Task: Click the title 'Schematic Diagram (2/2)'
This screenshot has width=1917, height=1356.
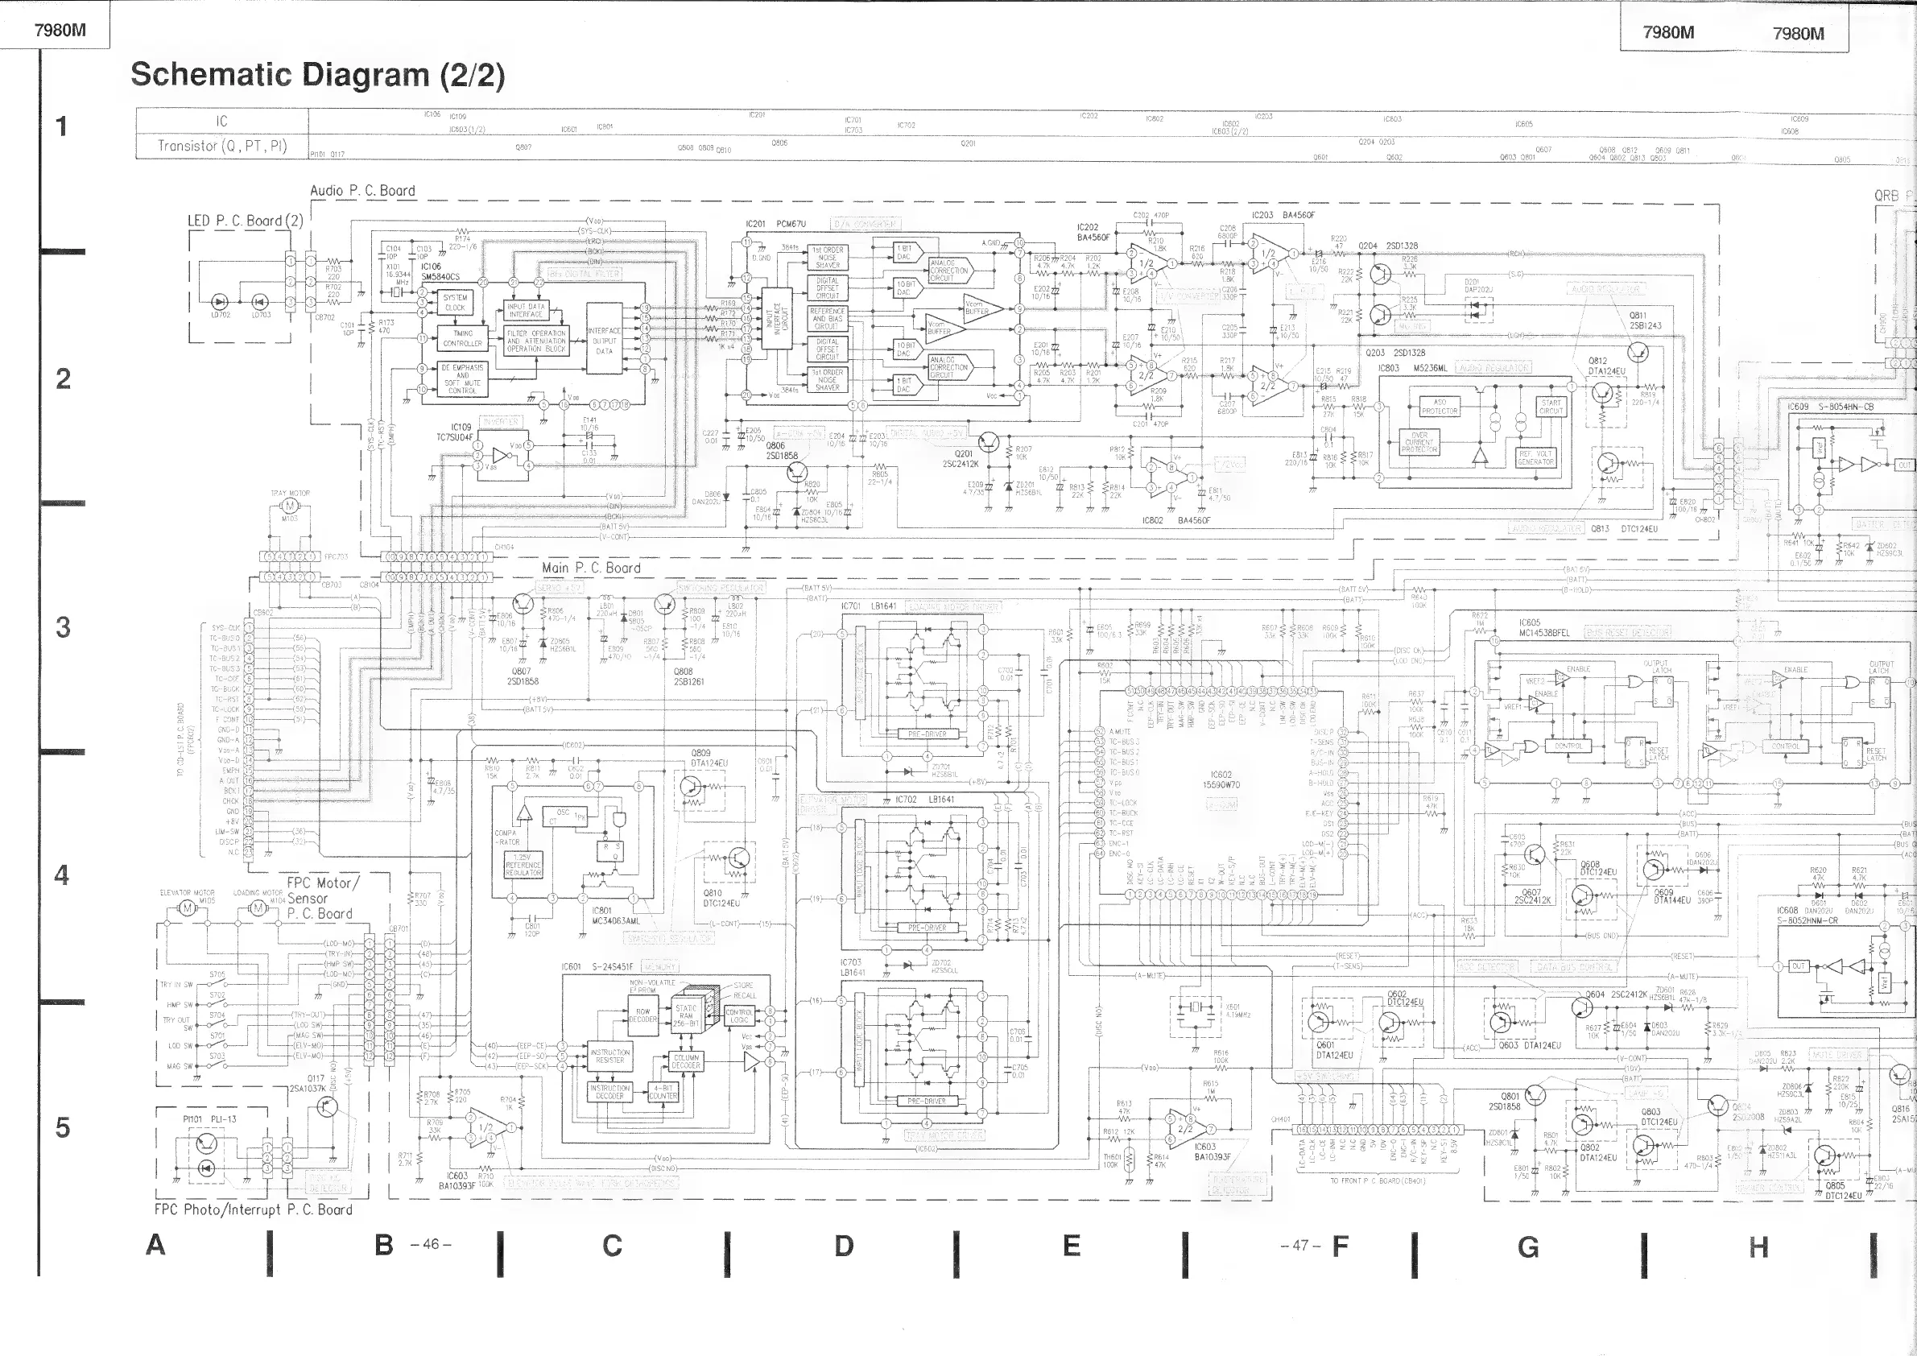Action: [317, 75]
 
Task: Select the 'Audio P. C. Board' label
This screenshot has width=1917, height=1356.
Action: [362, 190]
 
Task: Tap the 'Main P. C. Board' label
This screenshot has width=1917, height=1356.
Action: [591, 568]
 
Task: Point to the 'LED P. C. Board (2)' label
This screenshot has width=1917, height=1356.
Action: [245, 221]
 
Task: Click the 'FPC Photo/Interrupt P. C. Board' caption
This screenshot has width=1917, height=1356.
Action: [253, 1209]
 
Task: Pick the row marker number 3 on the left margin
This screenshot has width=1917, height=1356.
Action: [63, 627]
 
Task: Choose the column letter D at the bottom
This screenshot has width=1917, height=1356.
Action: [844, 1246]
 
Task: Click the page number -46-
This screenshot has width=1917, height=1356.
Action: [431, 1244]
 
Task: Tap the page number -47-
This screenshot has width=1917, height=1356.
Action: [1300, 1245]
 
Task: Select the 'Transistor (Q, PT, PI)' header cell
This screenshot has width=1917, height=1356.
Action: [222, 146]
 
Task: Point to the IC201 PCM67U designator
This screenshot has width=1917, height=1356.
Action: [775, 224]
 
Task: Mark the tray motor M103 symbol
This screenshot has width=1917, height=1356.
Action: [290, 506]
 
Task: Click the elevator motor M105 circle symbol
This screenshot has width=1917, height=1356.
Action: [187, 908]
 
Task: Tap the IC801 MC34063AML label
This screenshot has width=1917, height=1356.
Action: [615, 915]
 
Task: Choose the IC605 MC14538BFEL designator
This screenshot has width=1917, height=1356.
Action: [1543, 628]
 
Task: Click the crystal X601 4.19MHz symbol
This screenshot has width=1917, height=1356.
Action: [1196, 1008]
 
